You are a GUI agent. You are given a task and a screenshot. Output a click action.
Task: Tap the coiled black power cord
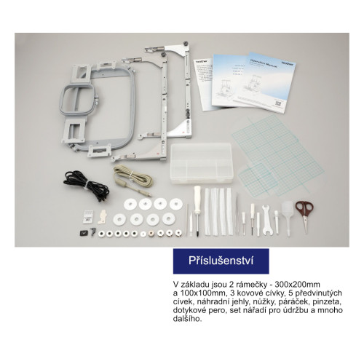click(x=86, y=185)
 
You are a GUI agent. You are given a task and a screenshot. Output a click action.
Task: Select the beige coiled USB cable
click(x=132, y=178)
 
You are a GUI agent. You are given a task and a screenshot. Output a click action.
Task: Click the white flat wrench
click(x=267, y=220)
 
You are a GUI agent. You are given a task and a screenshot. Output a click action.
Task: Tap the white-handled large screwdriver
click(x=197, y=210)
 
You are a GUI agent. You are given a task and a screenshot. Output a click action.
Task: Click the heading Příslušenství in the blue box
click(x=221, y=261)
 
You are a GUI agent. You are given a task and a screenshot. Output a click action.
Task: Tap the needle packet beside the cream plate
click(x=88, y=216)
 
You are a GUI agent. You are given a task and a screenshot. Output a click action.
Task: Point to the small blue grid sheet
click(x=254, y=178)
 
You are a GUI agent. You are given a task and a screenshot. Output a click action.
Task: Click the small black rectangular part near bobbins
click(x=83, y=233)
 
